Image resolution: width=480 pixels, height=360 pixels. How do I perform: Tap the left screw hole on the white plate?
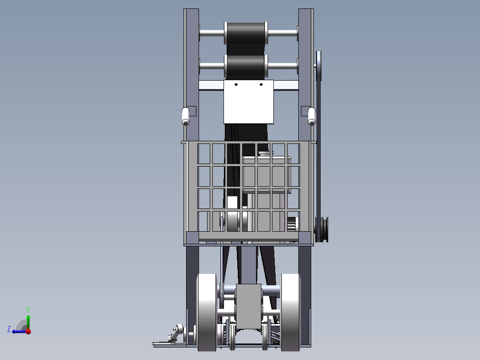click(x=236, y=84)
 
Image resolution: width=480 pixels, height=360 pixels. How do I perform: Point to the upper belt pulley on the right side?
click(x=319, y=65)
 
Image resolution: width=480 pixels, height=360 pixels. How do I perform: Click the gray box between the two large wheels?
click(x=248, y=307)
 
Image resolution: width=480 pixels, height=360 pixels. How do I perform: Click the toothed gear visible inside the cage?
click(x=292, y=224)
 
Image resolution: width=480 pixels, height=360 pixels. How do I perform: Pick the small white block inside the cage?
click(x=232, y=203)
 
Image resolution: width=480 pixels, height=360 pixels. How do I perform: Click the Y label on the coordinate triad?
click(x=28, y=309)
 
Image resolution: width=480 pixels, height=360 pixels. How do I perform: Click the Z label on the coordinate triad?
click(x=9, y=329)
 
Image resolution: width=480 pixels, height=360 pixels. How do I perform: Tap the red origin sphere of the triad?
click(x=28, y=331)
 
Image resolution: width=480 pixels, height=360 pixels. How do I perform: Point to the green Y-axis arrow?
click(x=28, y=321)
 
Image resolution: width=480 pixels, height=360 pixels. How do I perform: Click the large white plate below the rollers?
click(x=248, y=102)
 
